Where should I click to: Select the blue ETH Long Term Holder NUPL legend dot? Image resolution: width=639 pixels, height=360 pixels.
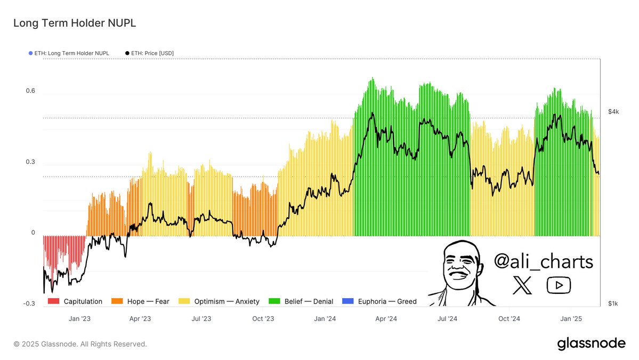(x=30, y=53)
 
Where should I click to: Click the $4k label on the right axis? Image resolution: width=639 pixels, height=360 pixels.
(x=613, y=111)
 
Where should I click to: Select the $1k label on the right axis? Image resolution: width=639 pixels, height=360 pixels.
(x=613, y=303)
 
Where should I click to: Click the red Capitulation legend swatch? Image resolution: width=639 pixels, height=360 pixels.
(x=53, y=301)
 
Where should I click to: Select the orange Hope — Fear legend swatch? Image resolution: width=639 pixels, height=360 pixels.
(x=117, y=301)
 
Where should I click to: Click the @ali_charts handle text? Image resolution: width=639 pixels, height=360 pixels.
(x=543, y=262)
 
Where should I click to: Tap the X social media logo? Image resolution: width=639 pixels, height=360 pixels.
(x=522, y=285)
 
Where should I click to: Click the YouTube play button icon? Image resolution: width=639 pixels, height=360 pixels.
(x=559, y=285)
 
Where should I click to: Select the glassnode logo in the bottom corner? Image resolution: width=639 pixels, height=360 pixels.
(x=591, y=344)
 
